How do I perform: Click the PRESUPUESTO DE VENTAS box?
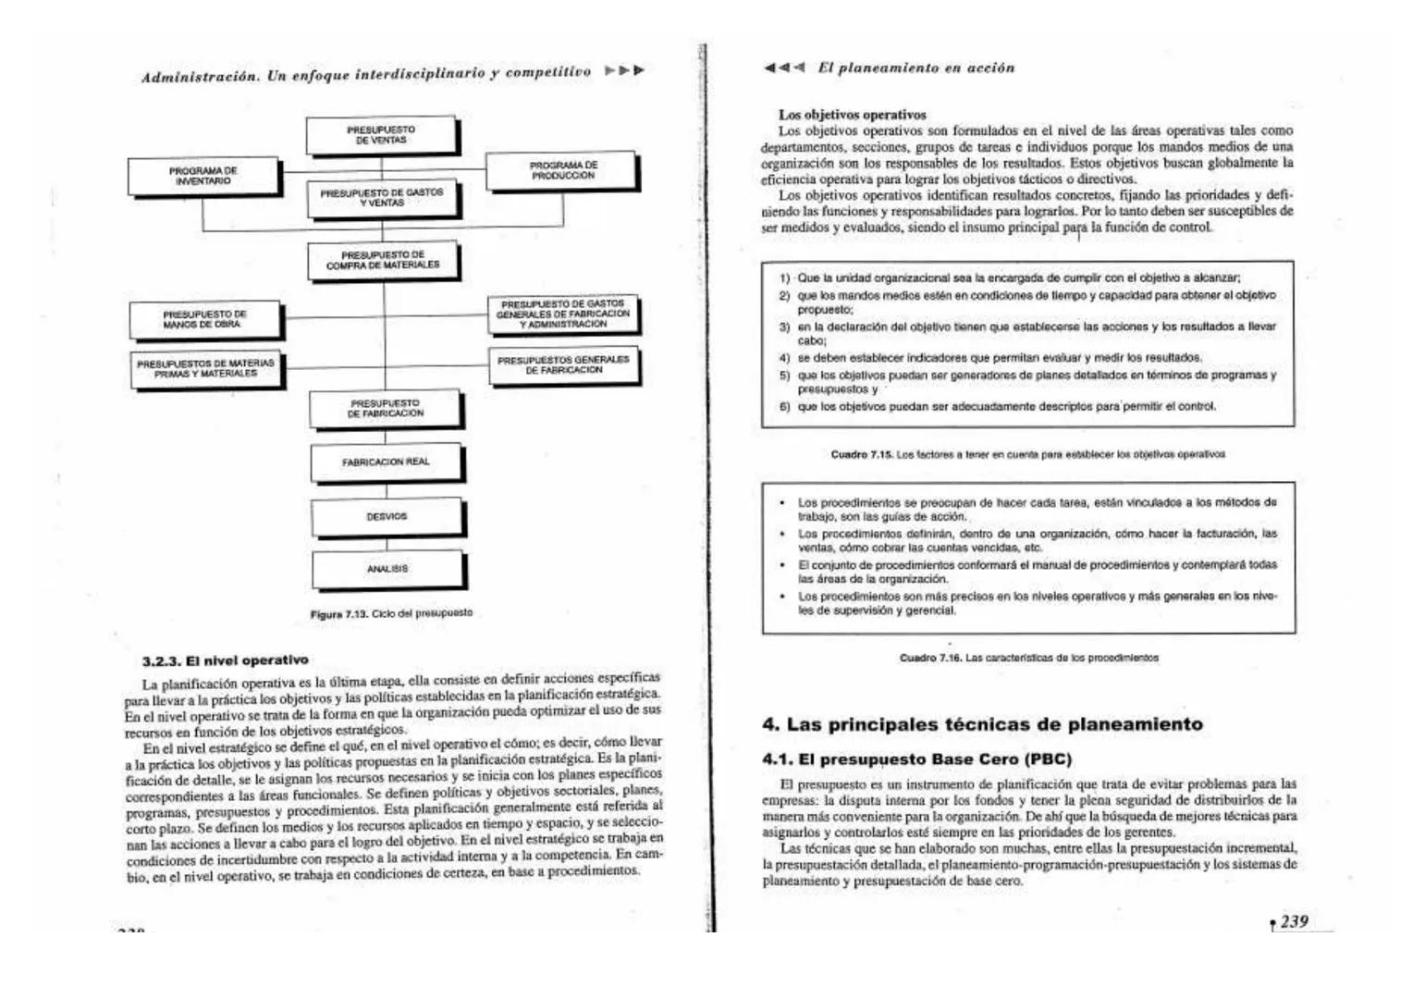tap(381, 135)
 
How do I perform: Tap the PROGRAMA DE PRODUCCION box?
tap(562, 170)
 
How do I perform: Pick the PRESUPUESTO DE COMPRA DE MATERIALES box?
tap(383, 260)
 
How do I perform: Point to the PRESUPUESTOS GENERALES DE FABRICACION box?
tap(563, 364)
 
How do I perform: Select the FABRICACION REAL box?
tap(386, 462)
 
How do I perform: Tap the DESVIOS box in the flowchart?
tap(387, 516)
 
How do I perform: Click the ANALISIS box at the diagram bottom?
tap(387, 569)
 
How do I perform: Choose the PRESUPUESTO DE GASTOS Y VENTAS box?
tap(382, 197)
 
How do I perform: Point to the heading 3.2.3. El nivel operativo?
tap(226, 660)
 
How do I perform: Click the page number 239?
tap(1294, 921)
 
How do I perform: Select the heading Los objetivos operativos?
tap(852, 115)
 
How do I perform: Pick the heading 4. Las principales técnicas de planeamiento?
tap(982, 724)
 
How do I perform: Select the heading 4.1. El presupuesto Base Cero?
tap(916, 759)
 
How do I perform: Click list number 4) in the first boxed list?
tap(783, 357)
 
